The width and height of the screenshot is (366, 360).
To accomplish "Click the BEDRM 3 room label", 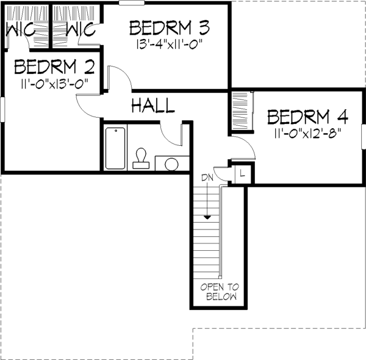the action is [170, 28].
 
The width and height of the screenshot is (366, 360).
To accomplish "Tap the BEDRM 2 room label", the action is [54, 67].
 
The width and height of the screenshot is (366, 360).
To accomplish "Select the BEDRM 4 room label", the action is [307, 117].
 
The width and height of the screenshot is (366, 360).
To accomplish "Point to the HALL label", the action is [153, 106].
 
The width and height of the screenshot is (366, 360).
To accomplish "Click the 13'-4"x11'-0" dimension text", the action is [169, 44].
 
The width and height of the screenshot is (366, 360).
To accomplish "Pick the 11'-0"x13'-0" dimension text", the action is [54, 84].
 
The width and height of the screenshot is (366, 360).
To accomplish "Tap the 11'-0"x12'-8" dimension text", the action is [307, 134].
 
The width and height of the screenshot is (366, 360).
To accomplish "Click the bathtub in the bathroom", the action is [115, 148].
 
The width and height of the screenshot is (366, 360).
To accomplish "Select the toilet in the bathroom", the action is [141, 158].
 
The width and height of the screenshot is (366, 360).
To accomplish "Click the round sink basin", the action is [171, 164].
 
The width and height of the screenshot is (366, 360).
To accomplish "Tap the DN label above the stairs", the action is [207, 178].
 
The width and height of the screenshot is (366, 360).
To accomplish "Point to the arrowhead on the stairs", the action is [207, 218].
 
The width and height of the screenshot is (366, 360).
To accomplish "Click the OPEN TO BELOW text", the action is [220, 292].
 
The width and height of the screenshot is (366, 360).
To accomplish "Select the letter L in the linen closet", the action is [242, 173].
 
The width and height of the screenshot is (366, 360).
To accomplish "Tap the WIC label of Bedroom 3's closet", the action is [81, 29].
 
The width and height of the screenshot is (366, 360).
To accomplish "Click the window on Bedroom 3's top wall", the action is [132, 3].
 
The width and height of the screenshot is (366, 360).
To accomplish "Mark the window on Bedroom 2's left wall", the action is [2, 109].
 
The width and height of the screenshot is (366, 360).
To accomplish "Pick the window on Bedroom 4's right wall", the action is [364, 137].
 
